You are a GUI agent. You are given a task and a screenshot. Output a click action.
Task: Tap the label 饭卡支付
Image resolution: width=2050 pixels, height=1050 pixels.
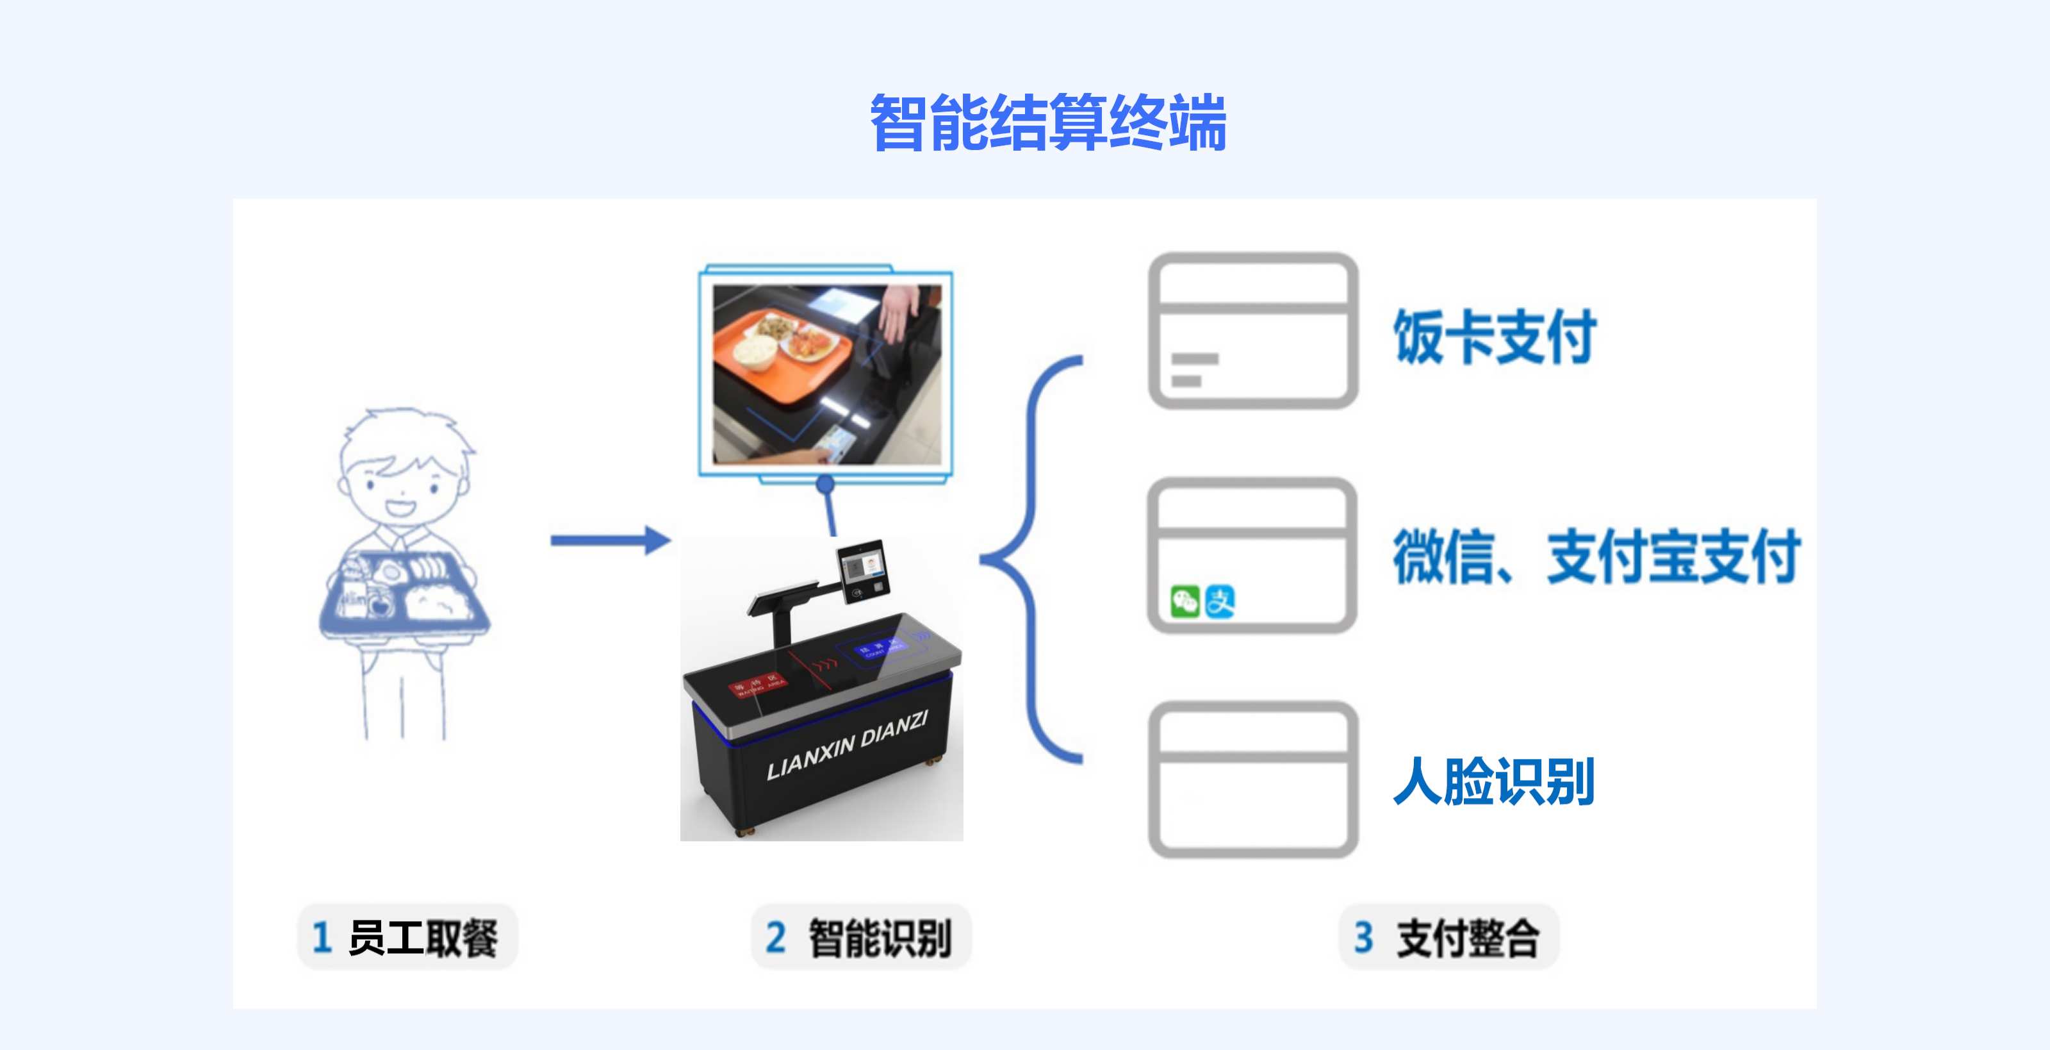[1495, 337]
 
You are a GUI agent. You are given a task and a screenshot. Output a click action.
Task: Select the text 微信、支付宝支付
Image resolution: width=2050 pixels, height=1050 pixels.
[1596, 556]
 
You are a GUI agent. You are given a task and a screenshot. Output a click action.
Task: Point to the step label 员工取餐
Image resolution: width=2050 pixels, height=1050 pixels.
[422, 937]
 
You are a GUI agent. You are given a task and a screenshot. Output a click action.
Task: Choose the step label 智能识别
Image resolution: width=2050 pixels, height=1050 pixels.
[878, 937]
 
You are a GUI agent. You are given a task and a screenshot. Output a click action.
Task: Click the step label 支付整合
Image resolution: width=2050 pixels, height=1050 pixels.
[1466, 937]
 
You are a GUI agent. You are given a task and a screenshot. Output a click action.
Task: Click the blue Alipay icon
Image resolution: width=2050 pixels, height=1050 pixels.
[1219, 602]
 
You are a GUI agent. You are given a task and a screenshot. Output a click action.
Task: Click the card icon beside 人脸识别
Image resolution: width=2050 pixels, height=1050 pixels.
[1252, 779]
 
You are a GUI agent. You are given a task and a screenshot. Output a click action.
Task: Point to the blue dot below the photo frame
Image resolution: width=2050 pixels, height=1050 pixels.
[825, 483]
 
